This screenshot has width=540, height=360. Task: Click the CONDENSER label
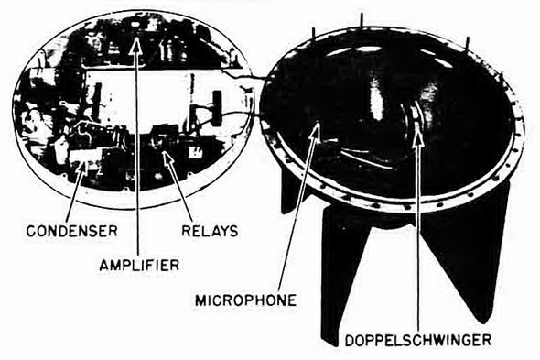[x=72, y=231]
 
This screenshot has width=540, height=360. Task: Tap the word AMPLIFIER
[x=139, y=265]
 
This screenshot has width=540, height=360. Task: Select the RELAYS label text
[x=210, y=231]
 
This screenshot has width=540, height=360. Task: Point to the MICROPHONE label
[x=246, y=300]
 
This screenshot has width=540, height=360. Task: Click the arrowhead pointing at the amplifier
[x=136, y=45]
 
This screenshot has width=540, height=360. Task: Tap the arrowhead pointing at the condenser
[x=83, y=168]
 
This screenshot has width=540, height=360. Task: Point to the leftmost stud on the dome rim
[x=314, y=32]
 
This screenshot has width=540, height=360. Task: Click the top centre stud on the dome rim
[x=362, y=20]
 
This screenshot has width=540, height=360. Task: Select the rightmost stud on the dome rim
[x=468, y=43]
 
